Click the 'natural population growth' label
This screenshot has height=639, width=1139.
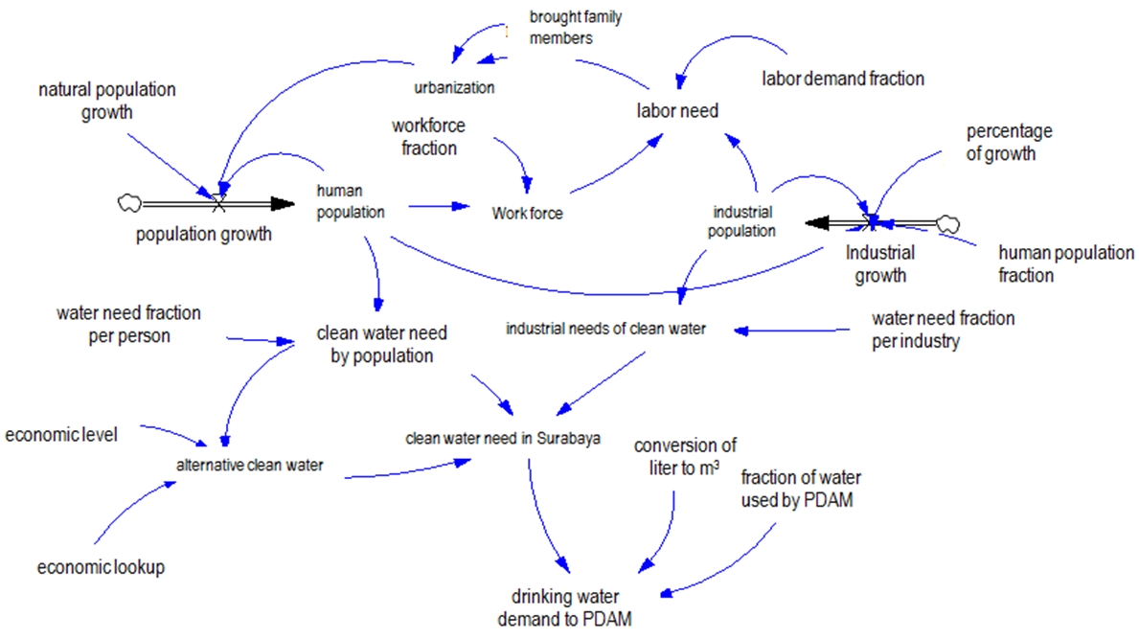(107, 101)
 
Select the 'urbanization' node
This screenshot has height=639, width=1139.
(454, 88)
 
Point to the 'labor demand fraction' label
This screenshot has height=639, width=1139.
(842, 79)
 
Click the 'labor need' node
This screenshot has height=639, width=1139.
(677, 111)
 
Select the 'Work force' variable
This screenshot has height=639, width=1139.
(527, 214)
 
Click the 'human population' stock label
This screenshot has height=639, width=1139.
(351, 201)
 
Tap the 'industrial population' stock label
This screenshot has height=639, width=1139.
(742, 219)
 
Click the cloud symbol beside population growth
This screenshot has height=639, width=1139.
(129, 202)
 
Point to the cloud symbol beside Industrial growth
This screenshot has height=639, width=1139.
(947, 223)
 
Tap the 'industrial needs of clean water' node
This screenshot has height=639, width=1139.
(605, 330)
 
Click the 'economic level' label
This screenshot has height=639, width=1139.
(61, 435)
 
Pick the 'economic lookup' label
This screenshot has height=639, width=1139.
(102, 567)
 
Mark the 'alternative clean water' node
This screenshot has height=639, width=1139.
(250, 466)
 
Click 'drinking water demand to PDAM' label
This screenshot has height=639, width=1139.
(565, 609)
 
